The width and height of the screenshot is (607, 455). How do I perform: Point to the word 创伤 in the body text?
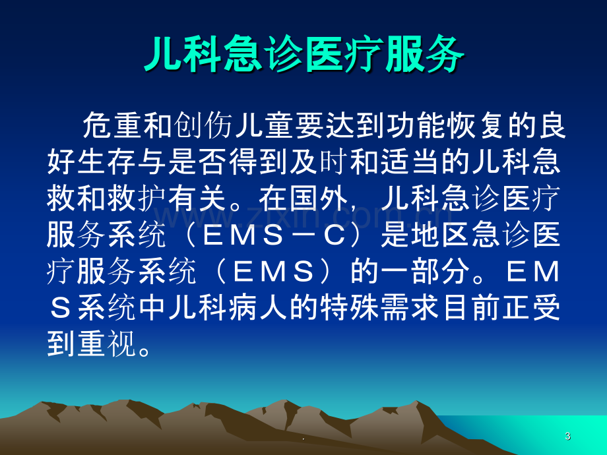pyautogui.click(x=203, y=125)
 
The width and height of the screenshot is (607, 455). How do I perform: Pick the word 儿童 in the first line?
pyautogui.click(x=264, y=125)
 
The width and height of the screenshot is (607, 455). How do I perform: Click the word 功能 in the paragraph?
pyautogui.click(x=416, y=125)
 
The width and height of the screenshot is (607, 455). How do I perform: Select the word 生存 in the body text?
pyautogui.click(x=108, y=162)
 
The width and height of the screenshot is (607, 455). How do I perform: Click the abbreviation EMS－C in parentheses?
pyautogui.click(x=274, y=235)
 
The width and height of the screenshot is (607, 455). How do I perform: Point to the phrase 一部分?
pyautogui.click(x=426, y=271)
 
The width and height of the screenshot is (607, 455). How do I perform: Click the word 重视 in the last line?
pyautogui.click(x=108, y=344)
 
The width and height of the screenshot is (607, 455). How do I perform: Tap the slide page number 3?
pyautogui.click(x=567, y=436)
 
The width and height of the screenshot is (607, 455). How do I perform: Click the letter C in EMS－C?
pyautogui.click(x=335, y=235)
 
